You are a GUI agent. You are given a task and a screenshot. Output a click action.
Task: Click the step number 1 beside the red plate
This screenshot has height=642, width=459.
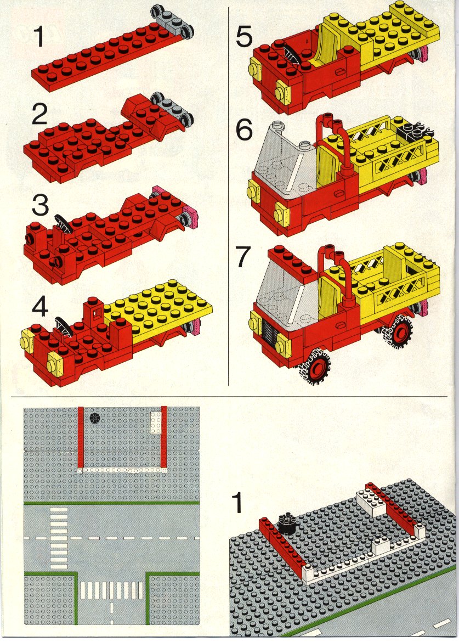(39, 36)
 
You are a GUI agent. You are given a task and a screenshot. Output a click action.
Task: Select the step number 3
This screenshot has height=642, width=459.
(41, 205)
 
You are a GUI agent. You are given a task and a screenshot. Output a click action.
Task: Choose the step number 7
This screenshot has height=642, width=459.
(243, 256)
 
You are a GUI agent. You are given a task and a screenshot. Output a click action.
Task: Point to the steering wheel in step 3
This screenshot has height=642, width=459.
(64, 223)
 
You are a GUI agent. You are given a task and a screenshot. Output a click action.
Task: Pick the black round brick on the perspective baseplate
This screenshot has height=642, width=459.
(287, 523)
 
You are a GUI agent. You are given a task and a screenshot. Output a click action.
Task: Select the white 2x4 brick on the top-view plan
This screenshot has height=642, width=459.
(156, 422)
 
